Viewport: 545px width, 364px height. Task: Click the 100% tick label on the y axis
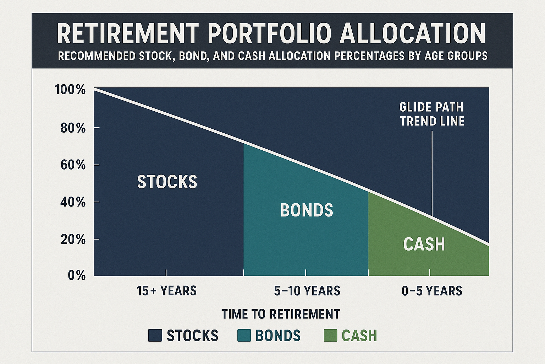point(70,90)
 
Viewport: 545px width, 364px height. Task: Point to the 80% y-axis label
point(73,128)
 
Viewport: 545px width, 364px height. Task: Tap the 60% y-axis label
point(73,165)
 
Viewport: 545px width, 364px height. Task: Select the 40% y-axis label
point(73,202)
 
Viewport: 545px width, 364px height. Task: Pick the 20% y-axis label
point(73,240)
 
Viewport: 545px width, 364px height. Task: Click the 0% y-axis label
point(77,275)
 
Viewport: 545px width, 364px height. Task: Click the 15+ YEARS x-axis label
point(166,291)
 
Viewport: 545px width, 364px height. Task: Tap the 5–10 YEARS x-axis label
point(307,291)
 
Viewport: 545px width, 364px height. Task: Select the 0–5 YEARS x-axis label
point(432,291)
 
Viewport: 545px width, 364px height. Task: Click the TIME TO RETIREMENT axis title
point(281,314)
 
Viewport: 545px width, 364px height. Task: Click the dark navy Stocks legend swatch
point(155,335)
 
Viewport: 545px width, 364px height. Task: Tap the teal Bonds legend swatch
point(244,335)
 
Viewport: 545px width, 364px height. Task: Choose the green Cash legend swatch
point(330,335)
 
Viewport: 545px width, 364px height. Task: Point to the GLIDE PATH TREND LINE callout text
point(432,114)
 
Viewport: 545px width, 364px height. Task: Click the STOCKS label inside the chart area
point(167,182)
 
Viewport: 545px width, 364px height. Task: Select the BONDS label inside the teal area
point(307,210)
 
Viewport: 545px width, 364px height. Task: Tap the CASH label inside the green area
point(424,244)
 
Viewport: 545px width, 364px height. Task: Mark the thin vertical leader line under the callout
point(432,173)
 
